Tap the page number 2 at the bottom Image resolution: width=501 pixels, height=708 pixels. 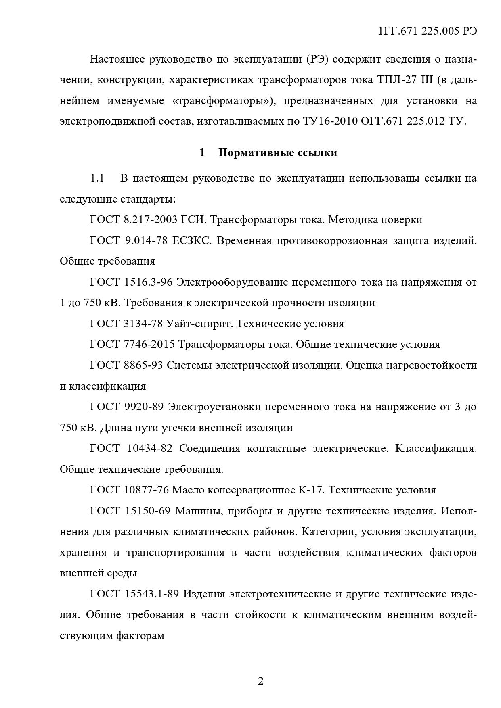(260, 681)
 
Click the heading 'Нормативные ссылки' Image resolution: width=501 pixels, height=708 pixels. (278, 153)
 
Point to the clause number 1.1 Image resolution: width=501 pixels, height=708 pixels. (97, 178)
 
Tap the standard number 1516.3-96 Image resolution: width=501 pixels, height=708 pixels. (147, 282)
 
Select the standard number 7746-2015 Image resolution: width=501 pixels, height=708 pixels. (147, 345)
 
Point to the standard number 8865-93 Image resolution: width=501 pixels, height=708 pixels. (141, 365)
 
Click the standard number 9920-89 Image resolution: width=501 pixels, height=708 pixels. (142, 407)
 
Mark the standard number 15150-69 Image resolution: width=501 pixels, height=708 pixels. (148, 511)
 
